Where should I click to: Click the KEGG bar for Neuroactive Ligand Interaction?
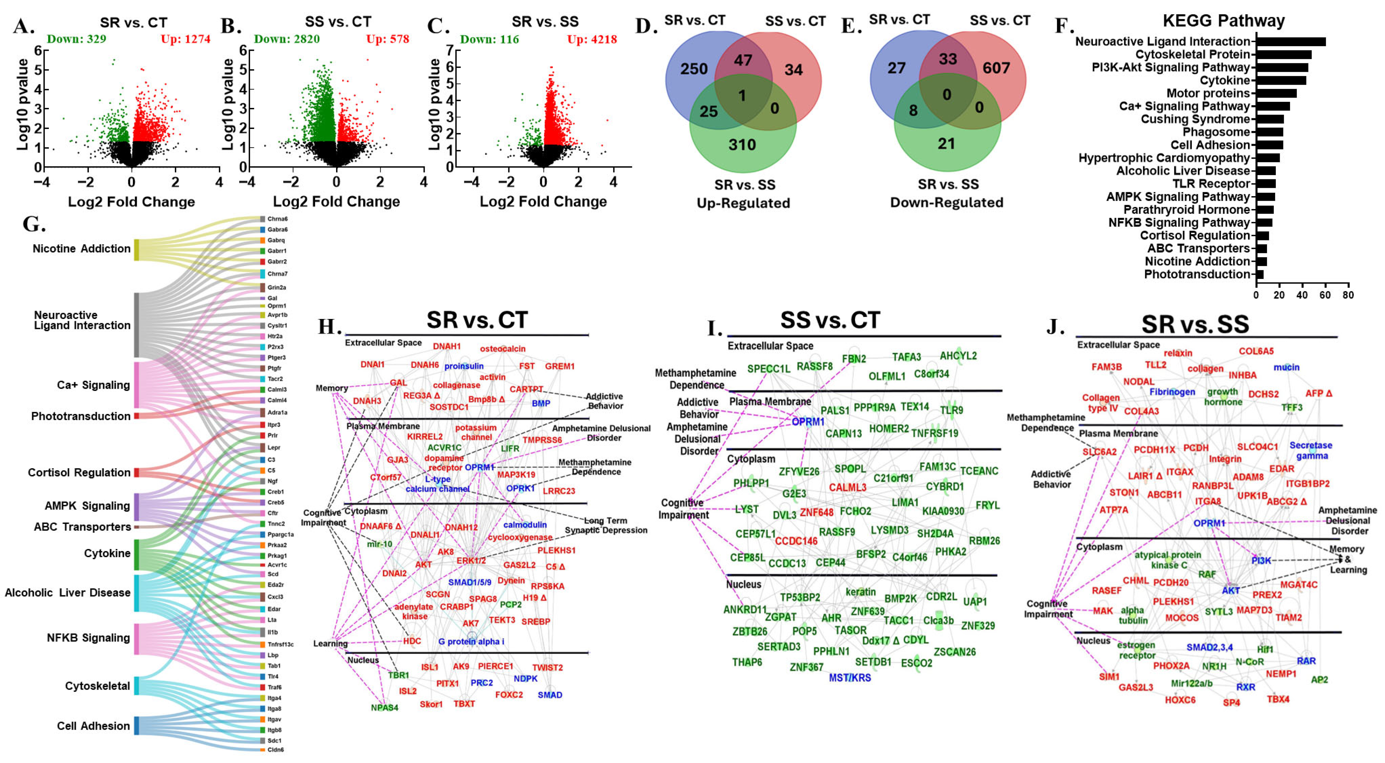point(1290,41)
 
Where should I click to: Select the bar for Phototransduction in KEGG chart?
point(1260,274)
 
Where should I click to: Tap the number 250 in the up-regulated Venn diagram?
point(693,69)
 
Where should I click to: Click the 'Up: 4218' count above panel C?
point(592,39)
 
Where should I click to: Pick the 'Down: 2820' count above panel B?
point(287,39)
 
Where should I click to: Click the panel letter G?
point(33,224)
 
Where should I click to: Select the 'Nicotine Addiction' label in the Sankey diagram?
point(81,249)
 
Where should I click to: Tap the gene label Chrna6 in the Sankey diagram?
point(278,219)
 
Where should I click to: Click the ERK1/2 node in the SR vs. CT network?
point(471,560)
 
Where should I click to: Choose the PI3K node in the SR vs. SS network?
point(1261,560)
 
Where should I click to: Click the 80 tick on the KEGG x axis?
point(1348,295)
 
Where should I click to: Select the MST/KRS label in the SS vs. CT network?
point(850,677)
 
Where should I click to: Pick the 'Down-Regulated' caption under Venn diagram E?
point(947,202)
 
